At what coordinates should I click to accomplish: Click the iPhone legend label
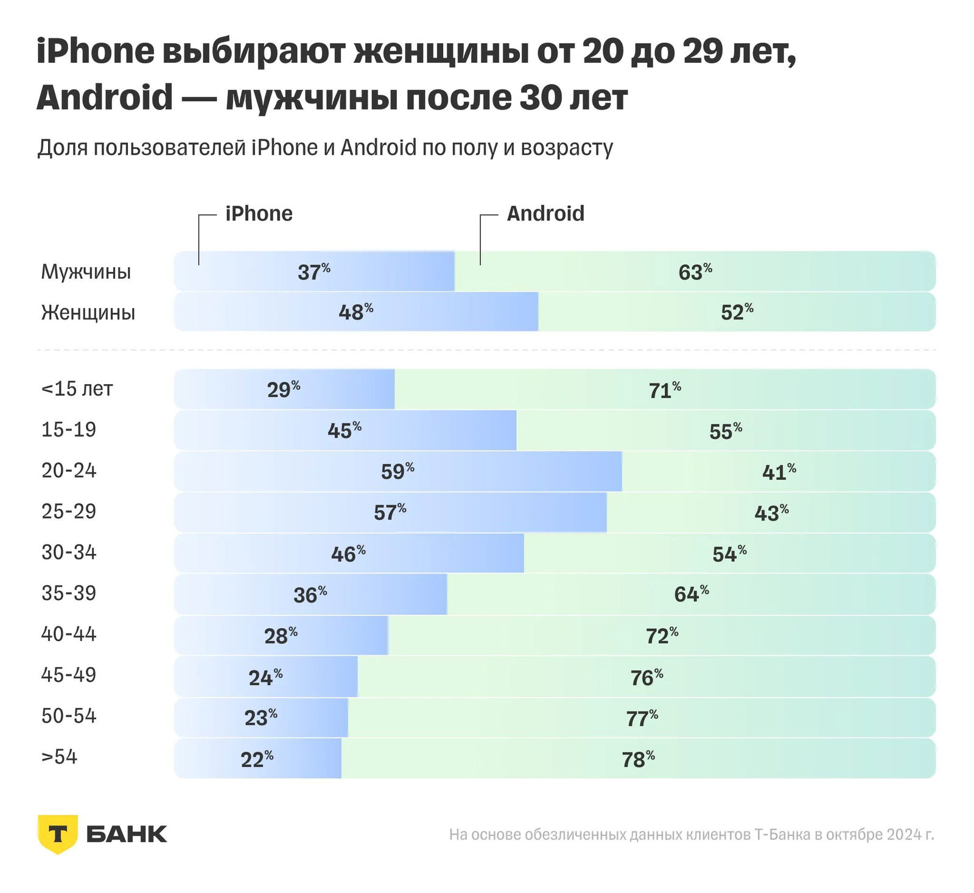point(259,214)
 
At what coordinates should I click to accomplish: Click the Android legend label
point(545,214)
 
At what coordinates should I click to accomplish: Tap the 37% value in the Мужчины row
point(314,271)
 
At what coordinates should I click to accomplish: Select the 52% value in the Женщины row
point(737,312)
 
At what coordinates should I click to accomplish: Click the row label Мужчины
point(86,271)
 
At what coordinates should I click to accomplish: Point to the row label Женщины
point(88,312)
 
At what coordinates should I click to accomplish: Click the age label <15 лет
point(77,388)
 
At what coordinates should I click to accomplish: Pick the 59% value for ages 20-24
point(398,471)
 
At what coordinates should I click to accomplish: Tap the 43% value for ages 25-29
point(771,513)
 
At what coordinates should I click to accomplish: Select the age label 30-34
point(69,552)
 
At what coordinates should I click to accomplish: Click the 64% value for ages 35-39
point(691,594)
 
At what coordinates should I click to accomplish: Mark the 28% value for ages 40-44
point(281,636)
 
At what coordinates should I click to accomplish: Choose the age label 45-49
point(69,674)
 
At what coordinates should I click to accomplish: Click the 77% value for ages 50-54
point(642,718)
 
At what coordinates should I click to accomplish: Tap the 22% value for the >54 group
point(257,759)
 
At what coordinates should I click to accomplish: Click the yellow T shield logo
point(58,833)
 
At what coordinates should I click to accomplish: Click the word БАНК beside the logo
point(127,834)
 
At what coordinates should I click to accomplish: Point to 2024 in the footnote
point(905,834)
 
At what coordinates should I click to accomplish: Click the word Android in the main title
point(105,97)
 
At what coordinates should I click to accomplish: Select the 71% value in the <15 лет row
point(664,390)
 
